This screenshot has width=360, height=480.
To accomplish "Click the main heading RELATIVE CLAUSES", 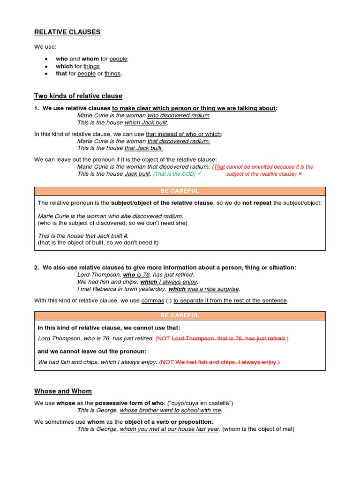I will [x=67, y=32].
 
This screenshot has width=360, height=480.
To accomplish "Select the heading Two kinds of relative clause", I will [x=78, y=96].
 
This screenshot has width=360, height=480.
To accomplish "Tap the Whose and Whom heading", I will [x=63, y=391].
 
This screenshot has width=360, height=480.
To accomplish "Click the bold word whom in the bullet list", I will [x=90, y=59].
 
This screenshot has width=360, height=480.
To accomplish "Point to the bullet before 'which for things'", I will [x=45, y=67].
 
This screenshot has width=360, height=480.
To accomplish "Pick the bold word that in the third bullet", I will [x=61, y=74].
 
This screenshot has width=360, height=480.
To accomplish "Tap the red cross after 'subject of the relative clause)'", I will [x=300, y=174].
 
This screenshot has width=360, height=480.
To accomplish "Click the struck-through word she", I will [x=126, y=216].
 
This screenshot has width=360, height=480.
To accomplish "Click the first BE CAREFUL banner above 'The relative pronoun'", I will [x=180, y=191].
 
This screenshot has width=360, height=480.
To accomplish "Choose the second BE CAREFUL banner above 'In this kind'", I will [x=180, y=315].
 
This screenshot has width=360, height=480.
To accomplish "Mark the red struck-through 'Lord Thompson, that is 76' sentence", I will [x=229, y=338].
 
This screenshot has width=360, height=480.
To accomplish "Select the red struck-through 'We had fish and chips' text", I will [x=226, y=362].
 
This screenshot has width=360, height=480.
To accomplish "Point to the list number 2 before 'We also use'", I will [x=36, y=267].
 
